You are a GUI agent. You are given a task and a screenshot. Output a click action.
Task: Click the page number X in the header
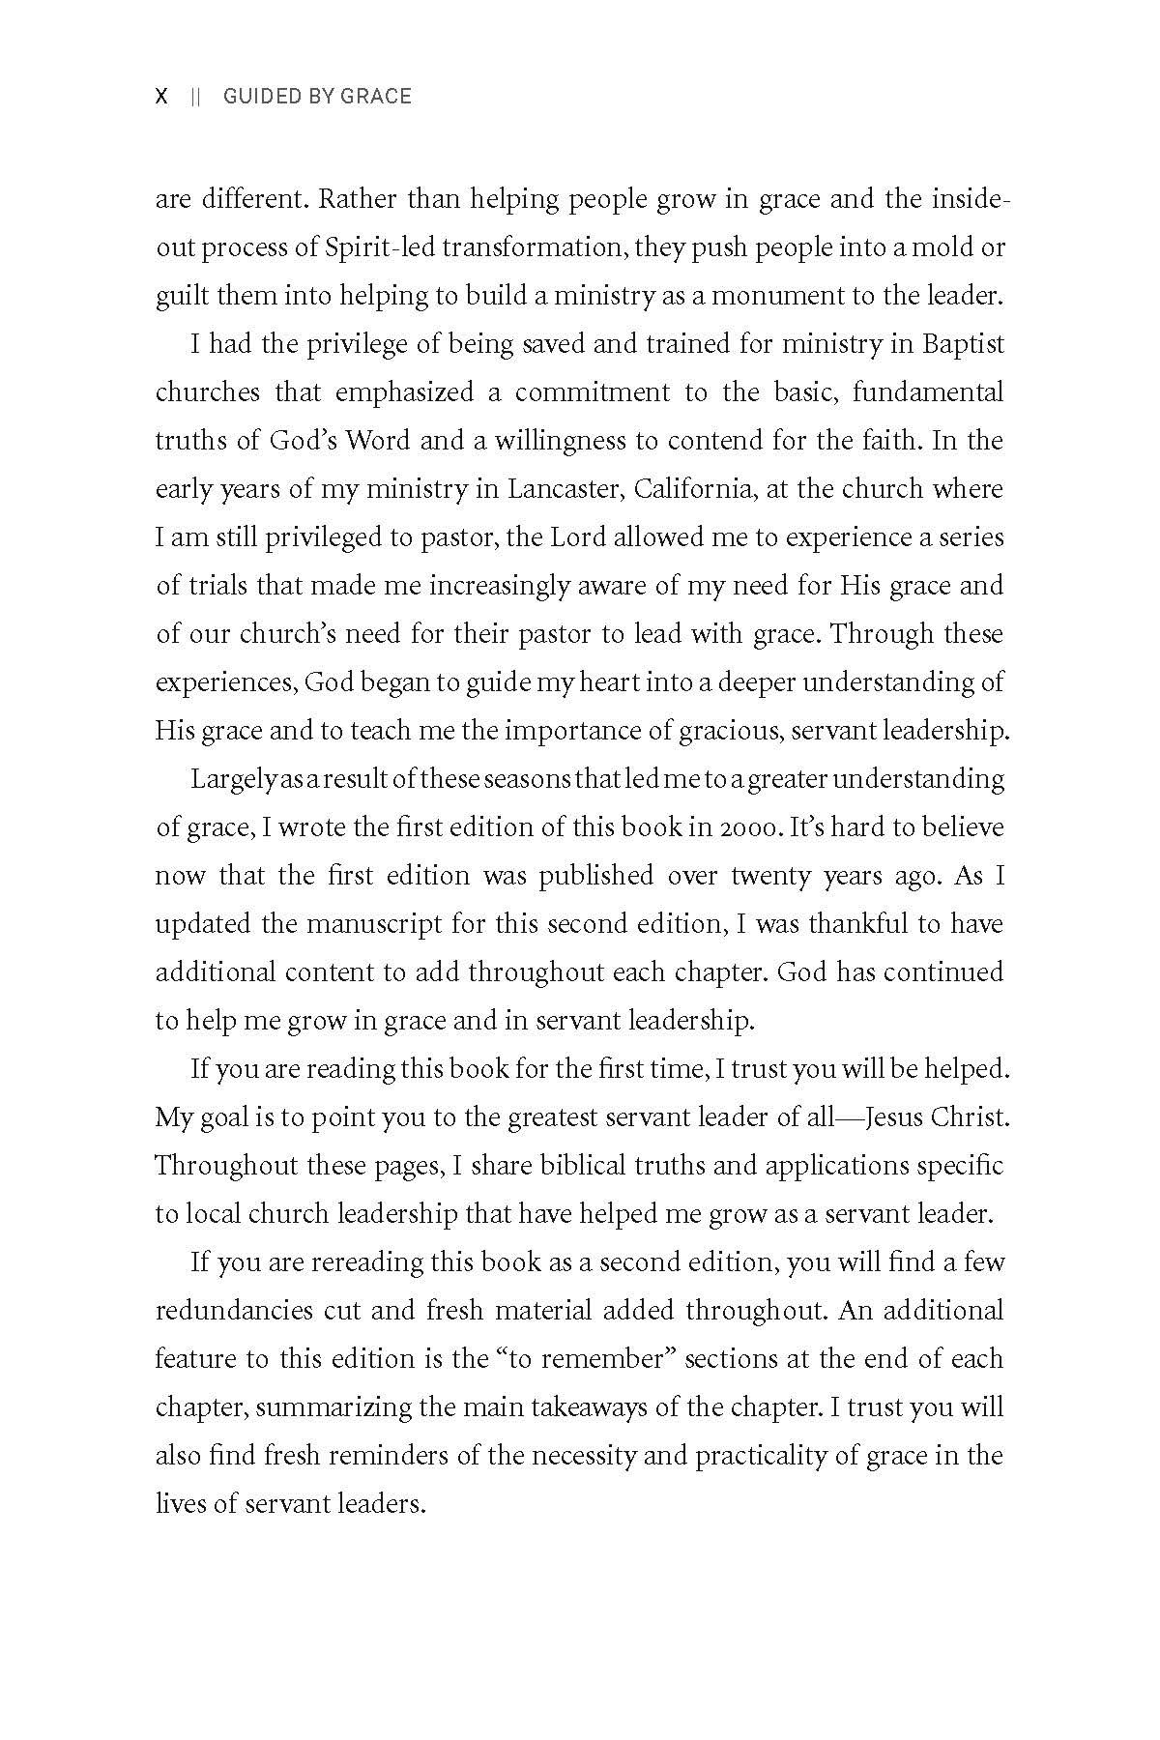coord(161,97)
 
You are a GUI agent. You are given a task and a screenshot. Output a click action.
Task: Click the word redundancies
coord(234,1311)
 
